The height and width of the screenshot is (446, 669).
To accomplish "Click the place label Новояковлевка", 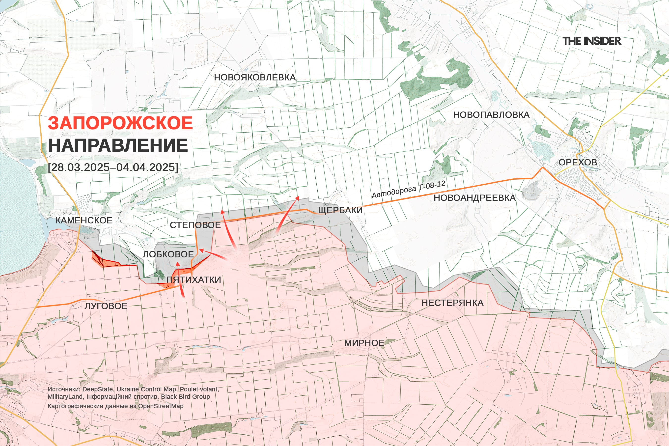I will (x=255, y=77).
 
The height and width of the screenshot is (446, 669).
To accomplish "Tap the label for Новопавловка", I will (x=491, y=115).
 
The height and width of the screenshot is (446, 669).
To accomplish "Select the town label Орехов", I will (x=578, y=162).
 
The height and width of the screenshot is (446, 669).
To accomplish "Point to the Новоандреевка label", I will (x=474, y=198).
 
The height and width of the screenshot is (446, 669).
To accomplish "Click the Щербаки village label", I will (x=340, y=210).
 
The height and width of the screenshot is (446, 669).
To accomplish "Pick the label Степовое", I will (x=195, y=225).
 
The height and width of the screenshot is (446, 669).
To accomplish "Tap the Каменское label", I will (x=84, y=220).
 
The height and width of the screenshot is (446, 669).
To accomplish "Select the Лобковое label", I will (x=168, y=254).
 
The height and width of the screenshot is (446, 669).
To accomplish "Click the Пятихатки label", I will (x=194, y=279).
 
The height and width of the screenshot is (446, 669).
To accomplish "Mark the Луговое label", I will (x=106, y=306).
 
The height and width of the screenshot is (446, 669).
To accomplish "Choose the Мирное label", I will (x=364, y=343).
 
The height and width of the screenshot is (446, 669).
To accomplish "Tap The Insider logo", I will (x=592, y=41).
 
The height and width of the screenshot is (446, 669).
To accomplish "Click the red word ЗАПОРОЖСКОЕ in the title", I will (x=120, y=123).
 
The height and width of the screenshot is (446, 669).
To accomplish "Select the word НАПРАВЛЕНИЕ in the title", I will (x=118, y=145).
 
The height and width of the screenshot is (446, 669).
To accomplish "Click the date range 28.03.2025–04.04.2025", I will (x=113, y=167).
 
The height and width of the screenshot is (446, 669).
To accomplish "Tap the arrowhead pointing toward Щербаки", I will (x=298, y=197).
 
